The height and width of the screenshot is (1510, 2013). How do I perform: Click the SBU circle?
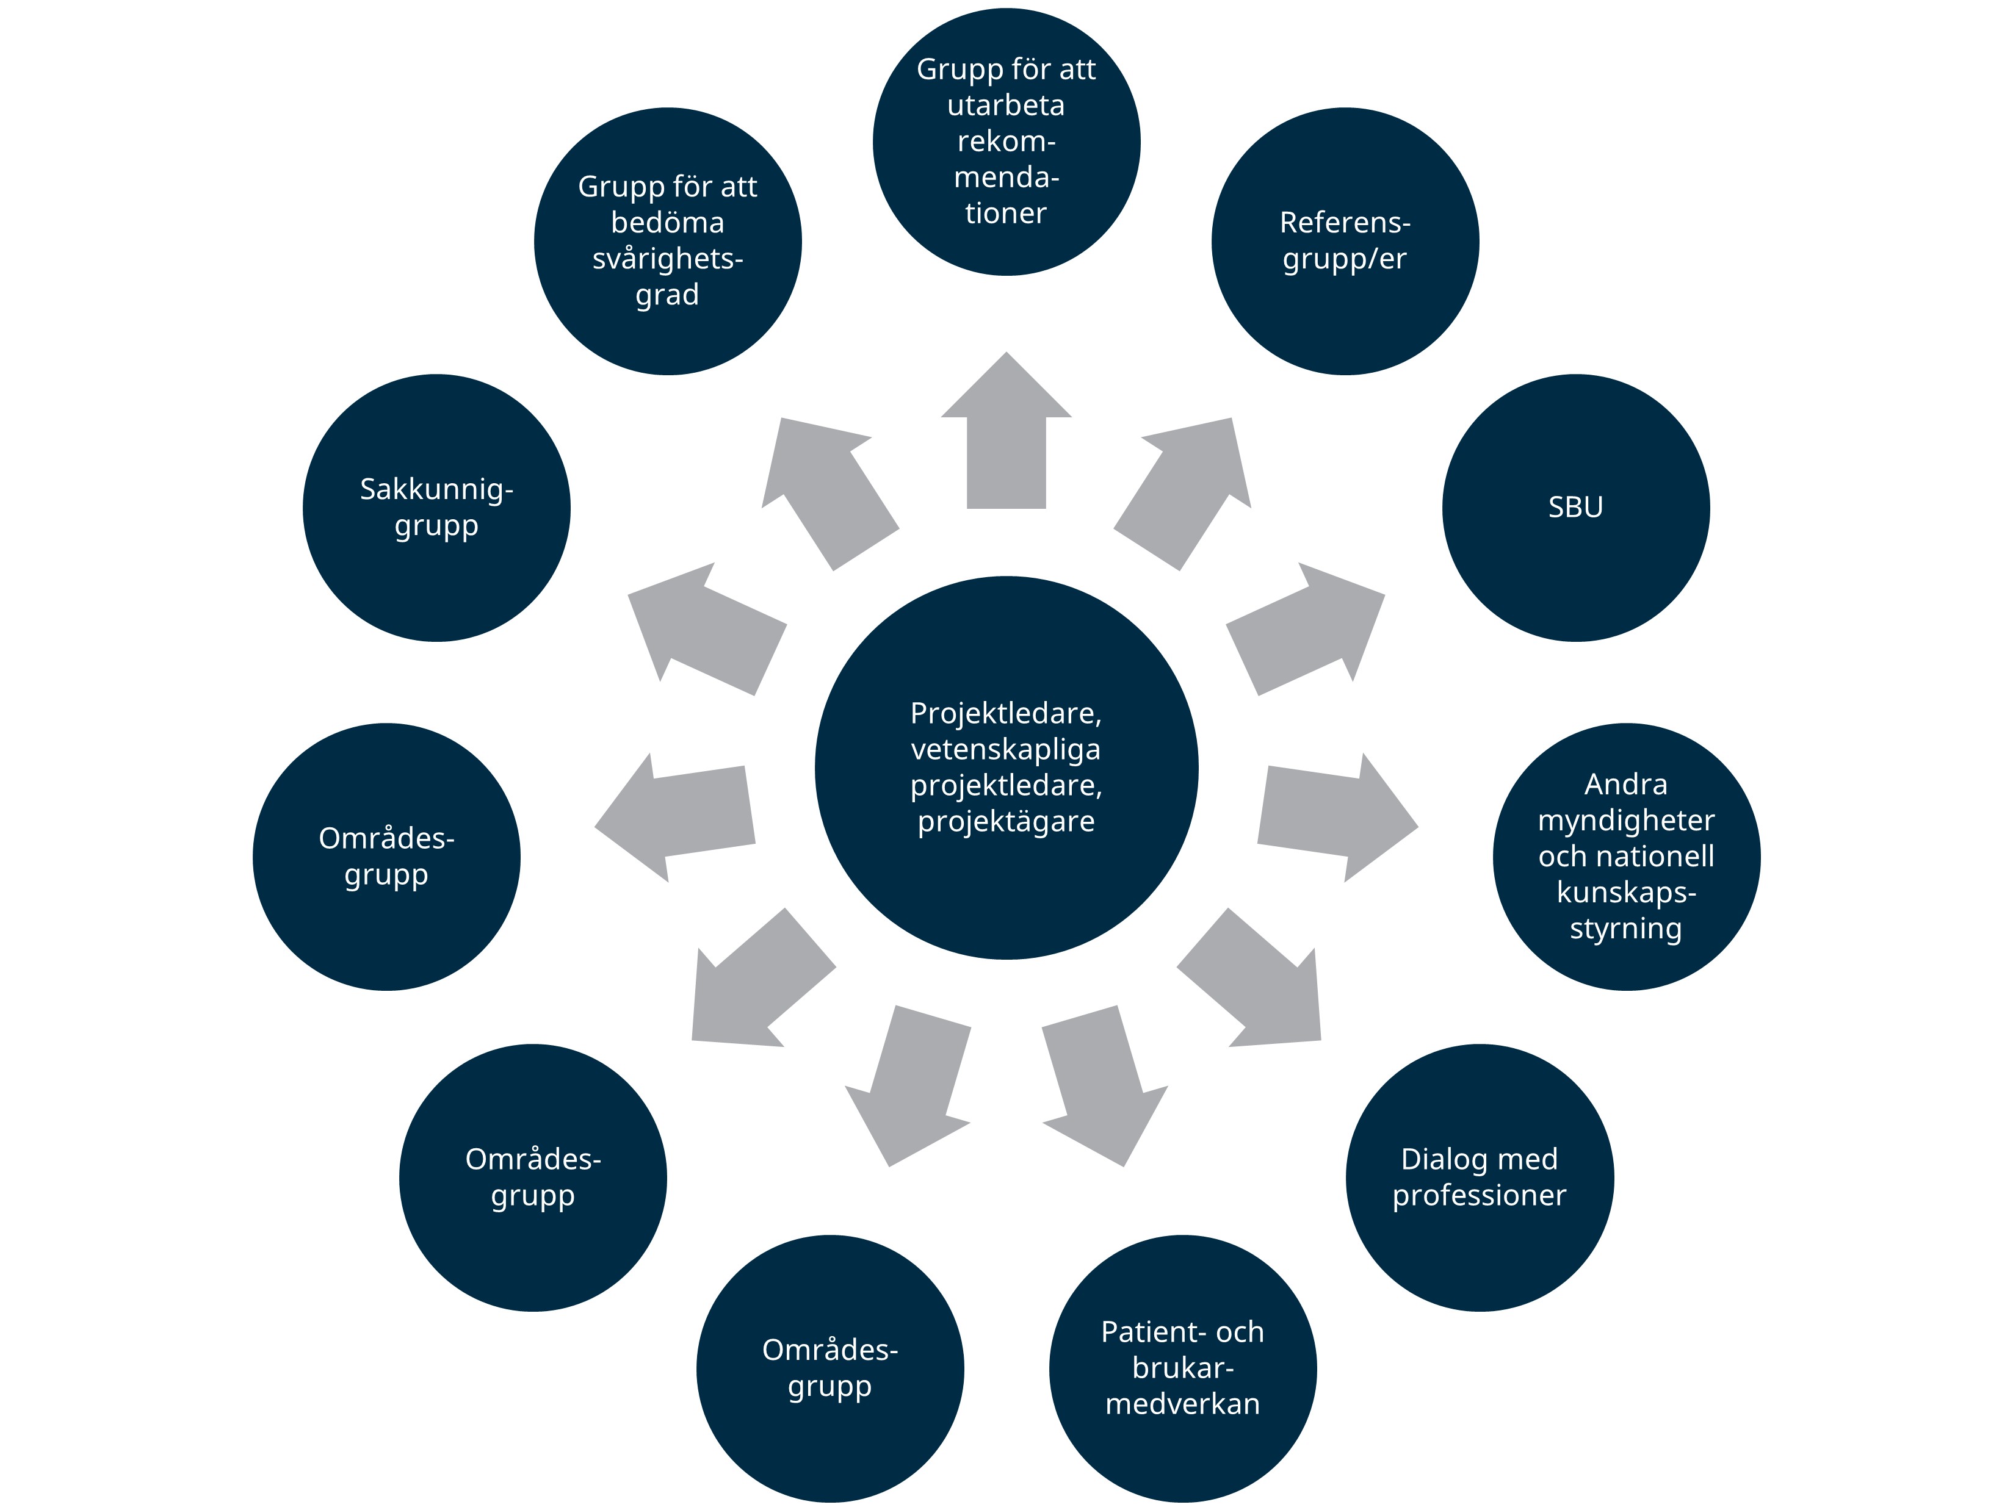1575,508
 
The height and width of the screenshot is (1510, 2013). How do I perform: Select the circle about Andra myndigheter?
1626,856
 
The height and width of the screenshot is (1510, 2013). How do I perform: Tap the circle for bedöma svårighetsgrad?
667,241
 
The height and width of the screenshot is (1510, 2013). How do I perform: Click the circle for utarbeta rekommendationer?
1006,141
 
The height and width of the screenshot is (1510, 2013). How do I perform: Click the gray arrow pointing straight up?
1006,437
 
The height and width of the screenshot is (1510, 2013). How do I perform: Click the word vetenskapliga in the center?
1006,750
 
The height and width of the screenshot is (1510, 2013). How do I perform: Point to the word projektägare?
1006,821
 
